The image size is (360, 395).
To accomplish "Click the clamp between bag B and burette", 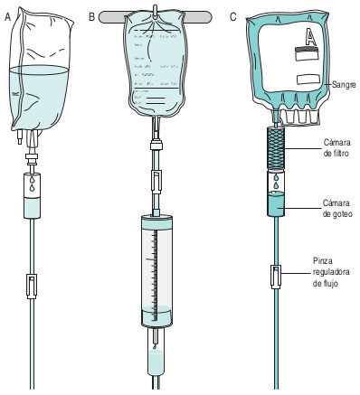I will (157, 180).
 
